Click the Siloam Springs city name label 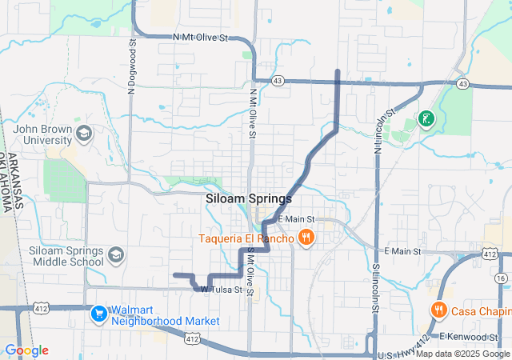(248, 198)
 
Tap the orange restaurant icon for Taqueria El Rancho (305, 237)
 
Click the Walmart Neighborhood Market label (164, 315)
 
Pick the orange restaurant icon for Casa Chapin (438, 310)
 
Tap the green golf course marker (426, 121)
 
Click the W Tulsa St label (221, 290)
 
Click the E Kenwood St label (470, 337)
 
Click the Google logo (26, 350)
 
